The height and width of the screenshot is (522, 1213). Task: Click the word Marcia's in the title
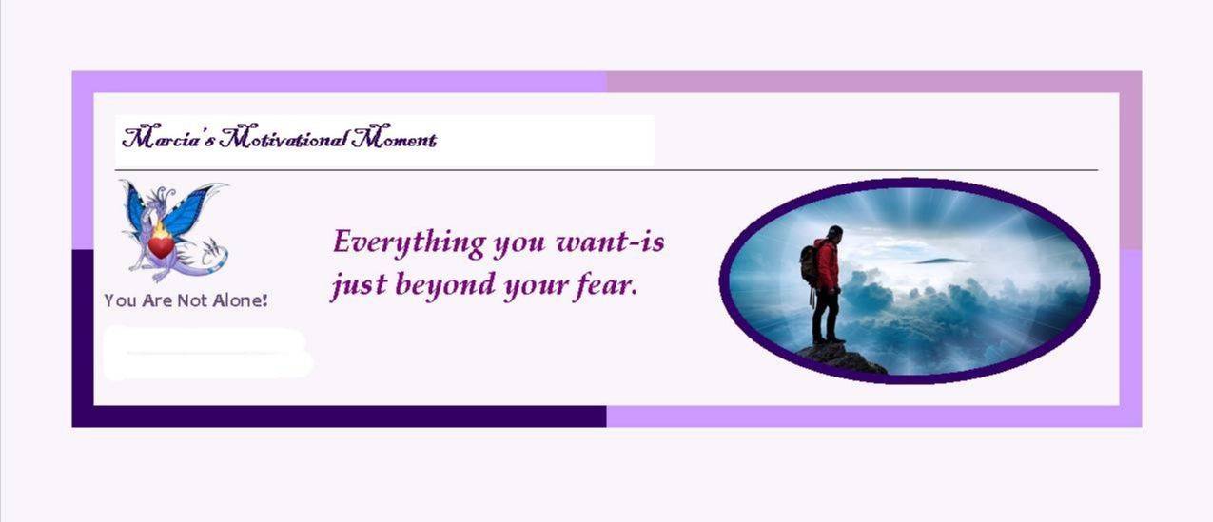point(169,138)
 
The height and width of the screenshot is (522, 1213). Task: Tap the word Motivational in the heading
point(284,138)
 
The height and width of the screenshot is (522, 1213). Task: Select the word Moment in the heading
point(394,138)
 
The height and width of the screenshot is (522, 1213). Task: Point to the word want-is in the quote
point(610,242)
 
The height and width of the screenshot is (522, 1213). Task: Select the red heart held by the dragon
point(161,248)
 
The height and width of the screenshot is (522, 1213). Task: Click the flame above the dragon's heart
point(160,231)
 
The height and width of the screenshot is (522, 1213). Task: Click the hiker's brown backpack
point(811,265)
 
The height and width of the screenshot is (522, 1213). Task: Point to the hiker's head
point(834,233)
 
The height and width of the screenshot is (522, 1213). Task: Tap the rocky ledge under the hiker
point(841,358)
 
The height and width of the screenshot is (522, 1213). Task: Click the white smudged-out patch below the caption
point(207,353)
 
